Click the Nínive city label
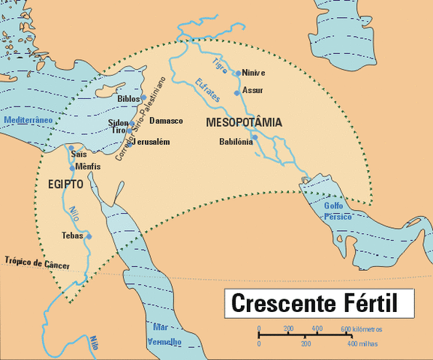(x=254, y=73)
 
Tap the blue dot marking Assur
(x=237, y=92)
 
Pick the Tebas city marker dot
(x=89, y=236)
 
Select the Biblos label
(x=128, y=97)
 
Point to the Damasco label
(x=166, y=120)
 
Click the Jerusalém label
(x=155, y=142)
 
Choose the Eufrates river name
(x=207, y=90)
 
